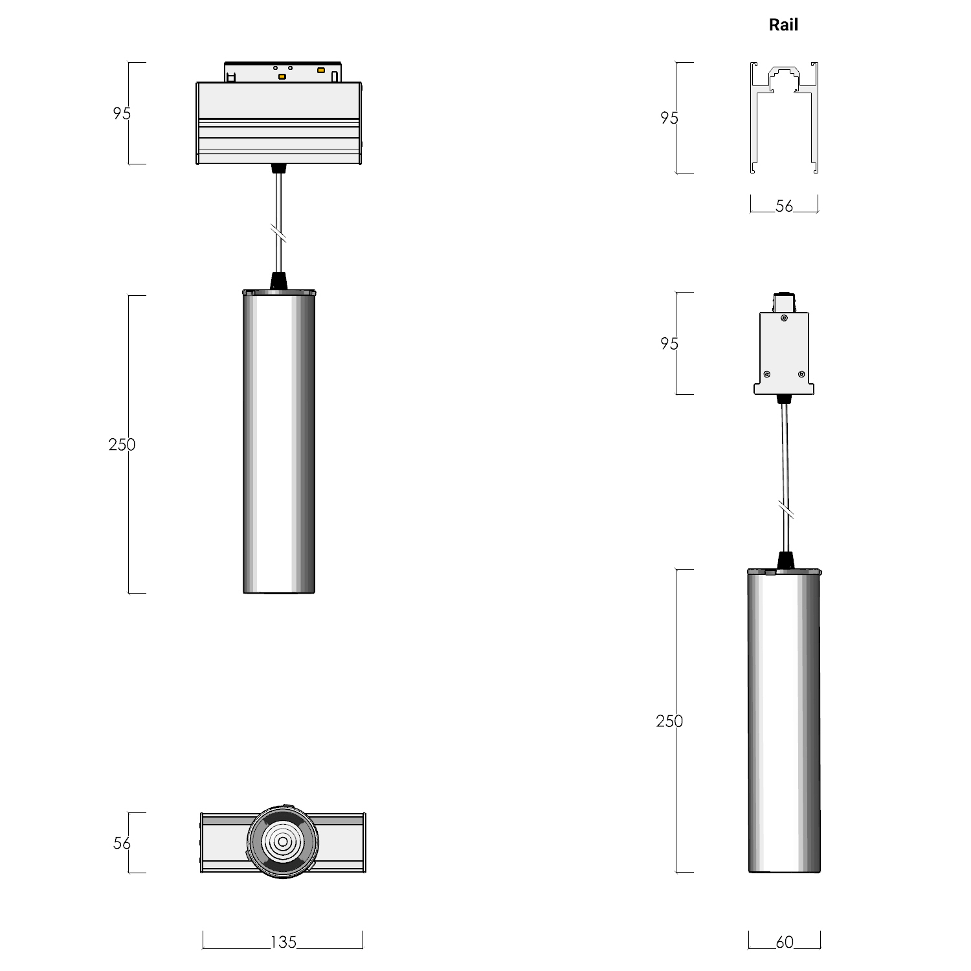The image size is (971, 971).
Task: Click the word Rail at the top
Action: [783, 25]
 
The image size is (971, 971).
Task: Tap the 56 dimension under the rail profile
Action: [784, 206]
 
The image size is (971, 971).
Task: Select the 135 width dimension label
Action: [284, 943]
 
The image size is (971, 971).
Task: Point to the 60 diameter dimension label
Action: [784, 943]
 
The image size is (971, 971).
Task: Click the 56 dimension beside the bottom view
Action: [122, 843]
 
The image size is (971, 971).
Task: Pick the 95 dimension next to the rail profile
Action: [669, 118]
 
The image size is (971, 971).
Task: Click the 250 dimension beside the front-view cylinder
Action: [122, 445]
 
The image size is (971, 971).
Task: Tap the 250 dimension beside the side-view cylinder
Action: [669, 721]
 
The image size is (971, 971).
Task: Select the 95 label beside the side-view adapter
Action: [669, 344]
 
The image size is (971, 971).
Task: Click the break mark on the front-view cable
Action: [279, 232]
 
